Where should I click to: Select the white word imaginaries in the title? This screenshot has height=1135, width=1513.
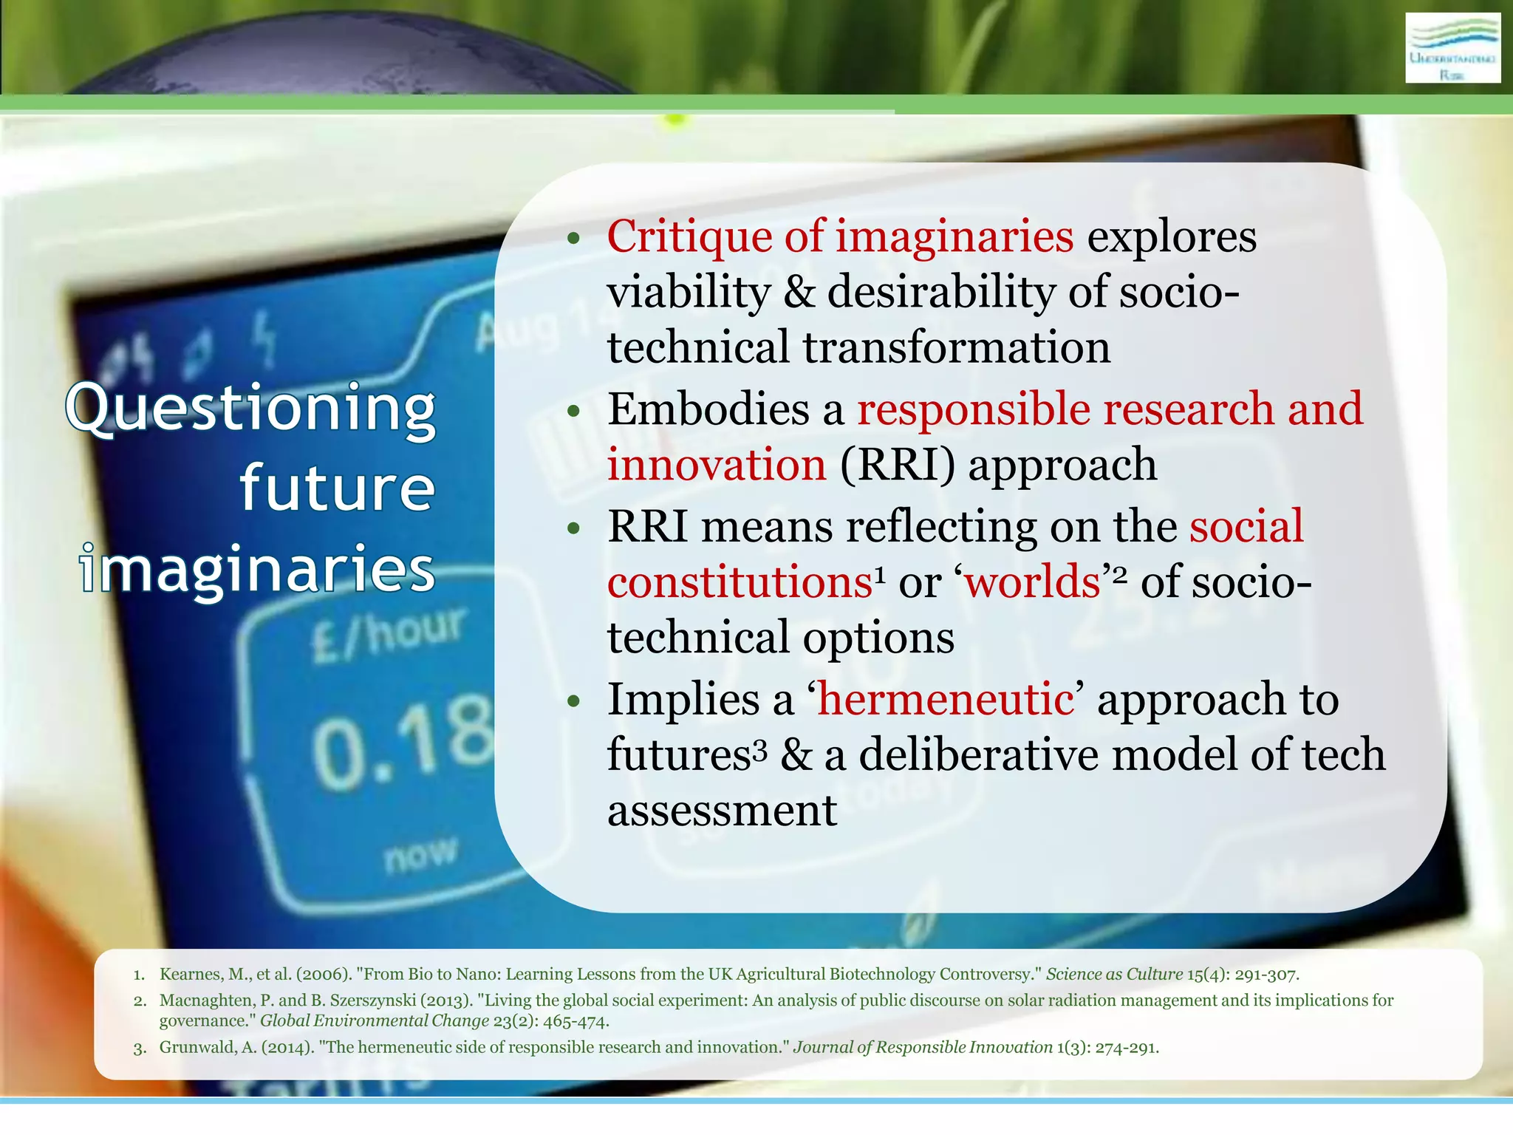(x=257, y=569)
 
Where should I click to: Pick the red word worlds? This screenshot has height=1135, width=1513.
(x=1032, y=582)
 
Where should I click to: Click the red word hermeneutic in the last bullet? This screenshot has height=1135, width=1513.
(x=946, y=699)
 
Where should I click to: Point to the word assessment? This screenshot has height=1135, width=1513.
(x=722, y=811)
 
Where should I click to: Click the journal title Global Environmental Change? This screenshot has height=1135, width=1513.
(x=375, y=1021)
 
